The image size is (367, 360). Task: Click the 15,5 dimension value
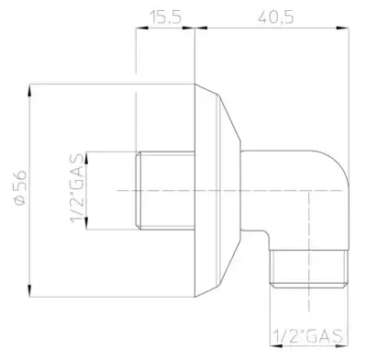(x=166, y=17)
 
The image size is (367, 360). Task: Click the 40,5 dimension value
(x=276, y=17)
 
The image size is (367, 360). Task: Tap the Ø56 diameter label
(x=21, y=188)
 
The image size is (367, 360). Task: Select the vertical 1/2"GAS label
(x=77, y=188)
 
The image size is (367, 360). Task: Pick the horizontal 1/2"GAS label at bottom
(x=308, y=336)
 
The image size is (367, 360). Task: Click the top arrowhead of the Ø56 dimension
(x=29, y=91)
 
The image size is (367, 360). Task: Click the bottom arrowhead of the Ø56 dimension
(x=29, y=290)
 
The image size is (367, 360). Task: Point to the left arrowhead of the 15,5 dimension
(x=142, y=28)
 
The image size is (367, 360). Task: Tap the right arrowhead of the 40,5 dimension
(x=342, y=28)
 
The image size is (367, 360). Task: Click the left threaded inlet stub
(x=165, y=190)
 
